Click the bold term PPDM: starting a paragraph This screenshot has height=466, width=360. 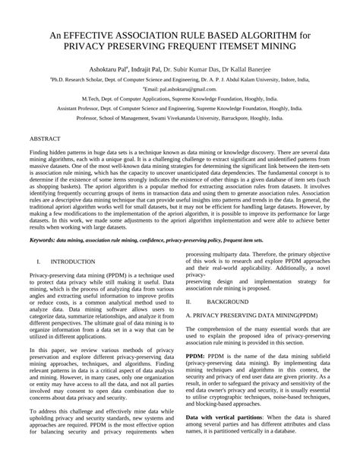[195, 354]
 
